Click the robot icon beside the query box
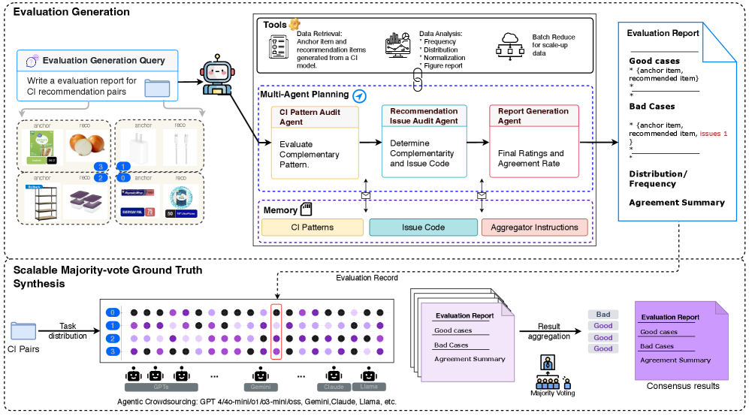[216, 74]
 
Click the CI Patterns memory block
[313, 228]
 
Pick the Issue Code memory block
[424, 228]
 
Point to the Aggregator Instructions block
[534, 228]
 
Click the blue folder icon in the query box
[157, 87]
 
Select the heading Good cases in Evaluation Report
[654, 61]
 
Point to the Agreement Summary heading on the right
[676, 202]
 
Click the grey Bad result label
[603, 315]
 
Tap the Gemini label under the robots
[261, 387]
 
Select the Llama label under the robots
[368, 387]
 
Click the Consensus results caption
[682, 386]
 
